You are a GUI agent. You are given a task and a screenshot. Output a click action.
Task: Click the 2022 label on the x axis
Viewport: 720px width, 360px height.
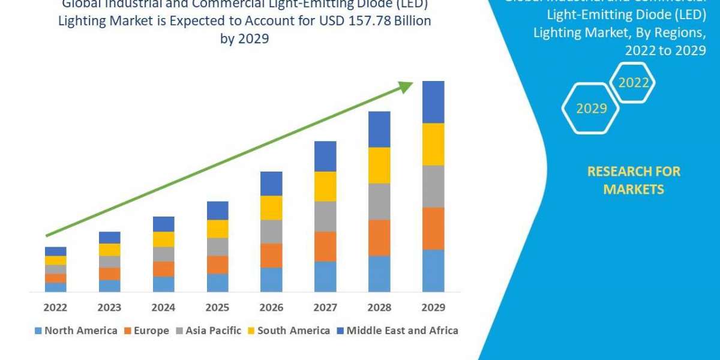click(x=55, y=308)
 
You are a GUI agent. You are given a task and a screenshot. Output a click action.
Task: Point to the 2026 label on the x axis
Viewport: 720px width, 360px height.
click(x=271, y=308)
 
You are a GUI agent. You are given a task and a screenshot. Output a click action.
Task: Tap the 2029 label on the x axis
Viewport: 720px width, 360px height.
click(x=433, y=308)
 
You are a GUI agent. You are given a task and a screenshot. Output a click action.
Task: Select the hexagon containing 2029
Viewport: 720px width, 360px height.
click(x=591, y=109)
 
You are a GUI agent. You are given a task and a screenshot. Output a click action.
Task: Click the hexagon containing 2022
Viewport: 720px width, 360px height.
click(x=632, y=82)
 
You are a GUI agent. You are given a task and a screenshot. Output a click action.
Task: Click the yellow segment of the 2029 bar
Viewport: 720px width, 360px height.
click(x=433, y=144)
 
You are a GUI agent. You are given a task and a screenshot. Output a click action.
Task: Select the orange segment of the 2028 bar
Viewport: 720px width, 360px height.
click(x=379, y=238)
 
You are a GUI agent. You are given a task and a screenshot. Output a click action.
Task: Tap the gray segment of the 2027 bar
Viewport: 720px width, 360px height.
click(x=325, y=216)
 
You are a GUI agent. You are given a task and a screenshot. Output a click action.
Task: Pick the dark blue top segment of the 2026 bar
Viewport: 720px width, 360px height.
click(x=271, y=184)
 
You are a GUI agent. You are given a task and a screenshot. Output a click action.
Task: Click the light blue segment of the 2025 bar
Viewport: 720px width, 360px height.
click(x=217, y=283)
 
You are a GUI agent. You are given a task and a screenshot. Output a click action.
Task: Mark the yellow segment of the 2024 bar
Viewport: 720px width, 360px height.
click(x=163, y=239)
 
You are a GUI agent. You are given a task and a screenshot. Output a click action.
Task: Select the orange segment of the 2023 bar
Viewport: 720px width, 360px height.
click(x=109, y=274)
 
